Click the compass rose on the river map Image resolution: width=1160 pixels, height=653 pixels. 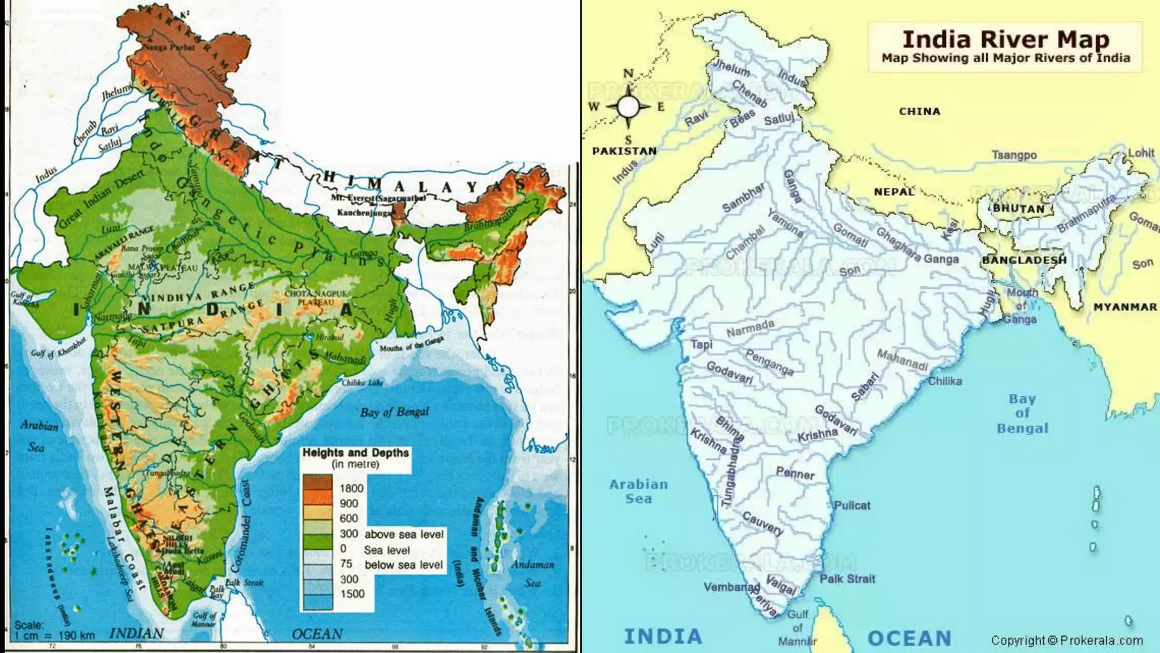tap(628, 106)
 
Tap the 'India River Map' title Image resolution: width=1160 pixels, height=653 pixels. tap(1005, 40)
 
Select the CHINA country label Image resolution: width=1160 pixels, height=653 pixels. tap(919, 112)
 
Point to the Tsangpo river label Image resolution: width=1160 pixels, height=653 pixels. tap(1014, 155)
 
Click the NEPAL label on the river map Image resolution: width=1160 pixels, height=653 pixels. tap(894, 192)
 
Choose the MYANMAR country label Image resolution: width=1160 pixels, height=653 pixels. tap(1125, 307)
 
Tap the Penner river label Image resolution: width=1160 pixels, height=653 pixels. tap(795, 473)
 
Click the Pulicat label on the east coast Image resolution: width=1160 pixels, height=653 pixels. tap(852, 505)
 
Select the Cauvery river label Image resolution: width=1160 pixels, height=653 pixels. tap(762, 524)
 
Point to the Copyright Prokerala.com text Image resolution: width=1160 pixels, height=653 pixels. tap(1067, 641)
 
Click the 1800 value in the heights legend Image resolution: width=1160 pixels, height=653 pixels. tap(351, 488)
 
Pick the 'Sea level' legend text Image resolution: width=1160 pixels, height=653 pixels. tap(387, 550)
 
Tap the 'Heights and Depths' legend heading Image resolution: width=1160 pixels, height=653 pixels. tap(355, 453)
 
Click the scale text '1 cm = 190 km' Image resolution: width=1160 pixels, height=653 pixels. tap(54, 635)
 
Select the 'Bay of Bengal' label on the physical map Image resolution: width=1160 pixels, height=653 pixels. tap(395, 412)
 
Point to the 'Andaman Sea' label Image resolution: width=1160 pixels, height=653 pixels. tap(532, 573)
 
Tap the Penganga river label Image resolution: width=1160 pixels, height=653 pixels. tap(769, 362)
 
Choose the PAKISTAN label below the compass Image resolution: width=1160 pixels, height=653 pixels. tap(624, 151)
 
